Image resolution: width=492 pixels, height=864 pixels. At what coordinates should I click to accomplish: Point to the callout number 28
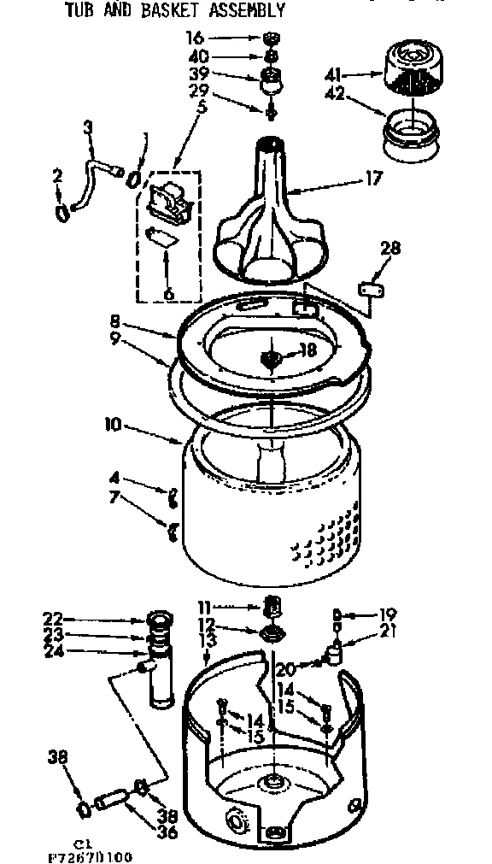[389, 249]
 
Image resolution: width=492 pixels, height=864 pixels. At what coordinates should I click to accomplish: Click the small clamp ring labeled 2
[62, 213]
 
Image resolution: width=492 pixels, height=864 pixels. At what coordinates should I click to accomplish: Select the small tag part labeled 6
[162, 238]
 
